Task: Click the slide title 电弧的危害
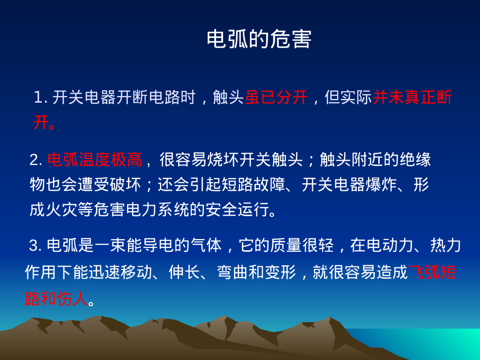tap(259, 39)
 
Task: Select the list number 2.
tap(35, 160)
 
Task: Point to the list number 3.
tap(35, 245)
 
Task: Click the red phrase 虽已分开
tap(276, 97)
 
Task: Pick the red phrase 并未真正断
tap(412, 97)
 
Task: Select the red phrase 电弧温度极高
tap(94, 160)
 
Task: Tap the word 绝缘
tap(415, 160)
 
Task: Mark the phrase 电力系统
tap(157, 210)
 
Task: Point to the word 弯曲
tap(231, 272)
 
